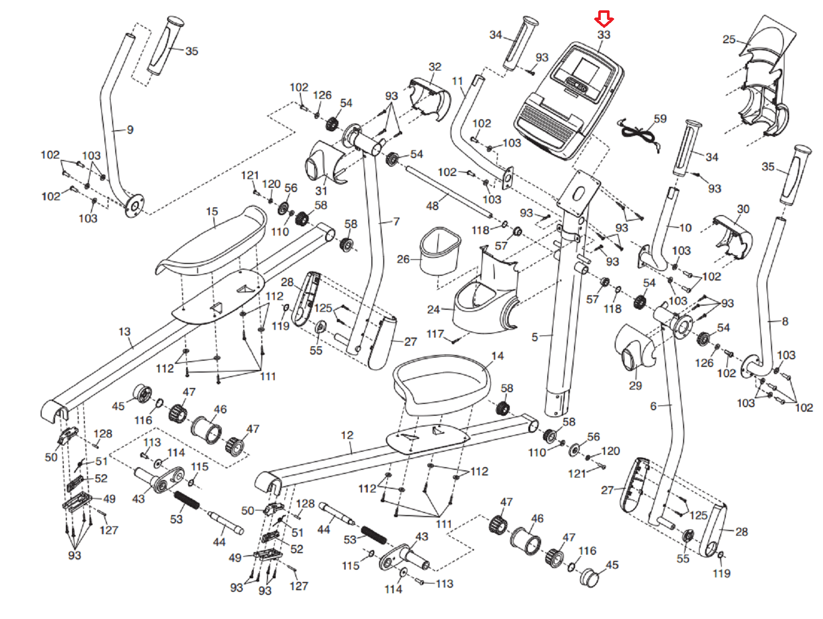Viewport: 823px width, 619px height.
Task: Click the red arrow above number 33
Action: tap(604, 19)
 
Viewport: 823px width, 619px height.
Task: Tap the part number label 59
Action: tap(660, 119)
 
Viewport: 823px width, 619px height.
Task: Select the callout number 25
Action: tap(729, 40)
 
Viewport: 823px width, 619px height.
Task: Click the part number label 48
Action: tap(432, 206)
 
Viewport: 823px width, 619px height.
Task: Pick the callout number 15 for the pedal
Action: tap(212, 211)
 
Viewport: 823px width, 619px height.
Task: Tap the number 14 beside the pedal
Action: tap(497, 356)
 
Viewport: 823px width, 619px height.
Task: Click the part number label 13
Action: tap(124, 331)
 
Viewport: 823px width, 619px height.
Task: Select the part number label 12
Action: tap(347, 435)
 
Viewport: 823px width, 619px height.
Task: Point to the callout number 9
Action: tap(130, 130)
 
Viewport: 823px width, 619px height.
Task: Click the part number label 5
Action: tap(534, 337)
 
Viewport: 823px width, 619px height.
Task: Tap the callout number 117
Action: tap(435, 333)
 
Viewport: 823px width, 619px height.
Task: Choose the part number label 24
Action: tap(434, 309)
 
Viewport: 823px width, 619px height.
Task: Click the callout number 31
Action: tap(321, 191)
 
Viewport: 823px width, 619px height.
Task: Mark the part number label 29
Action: tap(636, 385)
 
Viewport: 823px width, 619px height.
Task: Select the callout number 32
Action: tap(435, 67)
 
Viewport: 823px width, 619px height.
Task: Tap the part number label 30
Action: tap(743, 209)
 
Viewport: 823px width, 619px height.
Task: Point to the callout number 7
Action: tap(396, 222)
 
